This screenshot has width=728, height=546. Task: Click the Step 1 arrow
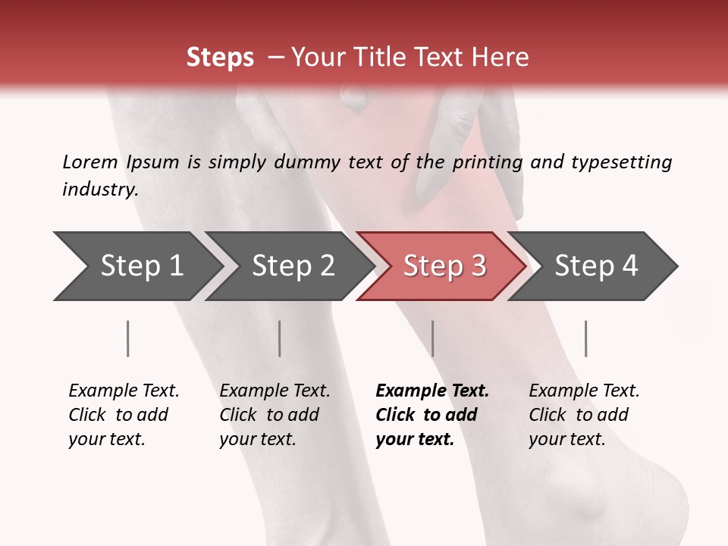click(141, 266)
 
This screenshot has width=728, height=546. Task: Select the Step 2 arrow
click(293, 266)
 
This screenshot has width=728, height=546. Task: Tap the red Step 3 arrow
click(444, 266)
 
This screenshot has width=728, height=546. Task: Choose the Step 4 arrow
click(596, 266)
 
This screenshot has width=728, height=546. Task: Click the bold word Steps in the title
click(220, 58)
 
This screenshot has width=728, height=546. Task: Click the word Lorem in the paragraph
click(90, 162)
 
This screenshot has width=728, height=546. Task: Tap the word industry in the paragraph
click(100, 190)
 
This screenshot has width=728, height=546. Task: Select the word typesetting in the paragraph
click(622, 162)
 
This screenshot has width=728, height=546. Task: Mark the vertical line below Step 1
click(128, 338)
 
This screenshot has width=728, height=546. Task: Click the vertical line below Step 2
click(280, 338)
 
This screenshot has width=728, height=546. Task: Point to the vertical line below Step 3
click(433, 338)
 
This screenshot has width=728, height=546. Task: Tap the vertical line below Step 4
click(586, 338)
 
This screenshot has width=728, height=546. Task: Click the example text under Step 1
click(124, 415)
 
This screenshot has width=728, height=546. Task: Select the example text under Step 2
click(275, 415)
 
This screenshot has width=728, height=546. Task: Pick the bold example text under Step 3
click(432, 415)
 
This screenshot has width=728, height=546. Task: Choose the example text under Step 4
click(584, 415)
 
